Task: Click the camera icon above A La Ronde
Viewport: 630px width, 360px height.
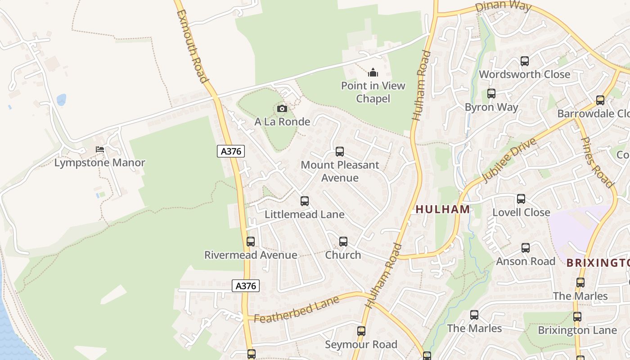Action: pyautogui.click(x=282, y=109)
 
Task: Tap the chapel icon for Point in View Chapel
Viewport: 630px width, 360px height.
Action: pyautogui.click(x=373, y=72)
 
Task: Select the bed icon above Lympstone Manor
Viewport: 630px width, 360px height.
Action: pyautogui.click(x=100, y=149)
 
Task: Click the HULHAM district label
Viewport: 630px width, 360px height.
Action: pyautogui.click(x=443, y=209)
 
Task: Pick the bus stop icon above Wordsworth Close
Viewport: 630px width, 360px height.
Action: pyautogui.click(x=524, y=61)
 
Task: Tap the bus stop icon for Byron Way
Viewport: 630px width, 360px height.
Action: pyautogui.click(x=491, y=94)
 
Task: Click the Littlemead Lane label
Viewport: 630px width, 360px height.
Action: pyautogui.click(x=305, y=214)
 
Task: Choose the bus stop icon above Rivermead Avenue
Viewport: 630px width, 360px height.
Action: pyautogui.click(x=251, y=242)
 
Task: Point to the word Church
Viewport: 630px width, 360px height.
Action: pyautogui.click(x=343, y=255)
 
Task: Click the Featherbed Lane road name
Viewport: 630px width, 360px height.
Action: pyautogui.click(x=297, y=310)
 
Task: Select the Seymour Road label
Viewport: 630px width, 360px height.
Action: pyautogui.click(x=361, y=345)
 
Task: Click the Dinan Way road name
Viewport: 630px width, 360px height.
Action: pyautogui.click(x=504, y=7)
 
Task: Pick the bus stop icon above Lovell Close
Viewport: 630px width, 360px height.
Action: pyautogui.click(x=521, y=198)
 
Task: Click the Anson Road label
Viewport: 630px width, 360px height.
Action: pyautogui.click(x=526, y=261)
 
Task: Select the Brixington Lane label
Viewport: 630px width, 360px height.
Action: pyautogui.click(x=577, y=330)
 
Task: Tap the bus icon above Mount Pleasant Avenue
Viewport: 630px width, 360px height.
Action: pyautogui.click(x=340, y=152)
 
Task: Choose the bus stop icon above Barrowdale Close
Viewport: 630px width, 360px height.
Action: pyautogui.click(x=600, y=100)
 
